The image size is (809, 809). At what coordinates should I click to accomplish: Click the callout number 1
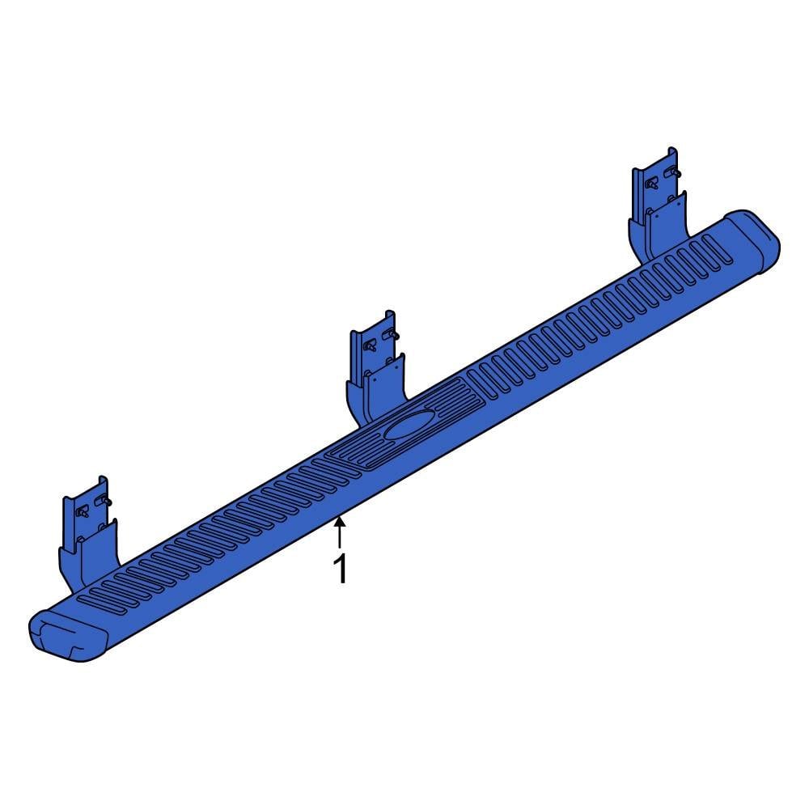[341, 569]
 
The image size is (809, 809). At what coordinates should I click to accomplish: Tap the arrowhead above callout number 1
[341, 522]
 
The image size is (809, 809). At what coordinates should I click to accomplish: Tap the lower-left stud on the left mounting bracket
[82, 511]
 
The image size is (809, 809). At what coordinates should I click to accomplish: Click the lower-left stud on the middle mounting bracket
[370, 345]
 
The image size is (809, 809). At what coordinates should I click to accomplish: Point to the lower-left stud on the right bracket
[652, 183]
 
